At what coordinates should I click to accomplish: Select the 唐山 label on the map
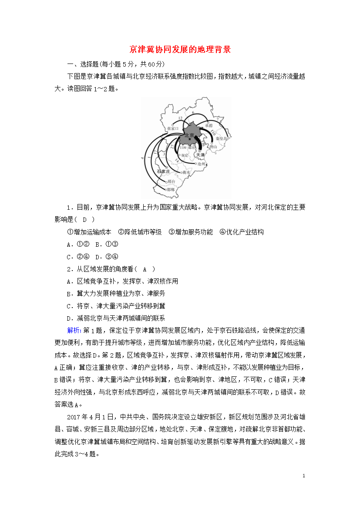pyautogui.click(x=213, y=147)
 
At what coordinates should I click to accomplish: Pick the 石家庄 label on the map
pyautogui.click(x=163, y=171)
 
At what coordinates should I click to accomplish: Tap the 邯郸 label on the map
pyautogui.click(x=170, y=190)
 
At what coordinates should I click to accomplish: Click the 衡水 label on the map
pyautogui.click(x=186, y=172)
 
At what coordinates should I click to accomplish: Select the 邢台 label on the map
pyautogui.click(x=171, y=181)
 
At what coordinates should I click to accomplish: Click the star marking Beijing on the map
pyautogui.click(x=190, y=139)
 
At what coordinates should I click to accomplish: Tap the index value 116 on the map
pyautogui.click(x=182, y=148)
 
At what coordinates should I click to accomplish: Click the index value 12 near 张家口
pyautogui.click(x=180, y=118)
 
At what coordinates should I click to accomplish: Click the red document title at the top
pyautogui.click(x=180, y=49)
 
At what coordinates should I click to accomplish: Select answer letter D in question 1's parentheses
pyautogui.click(x=86, y=219)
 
